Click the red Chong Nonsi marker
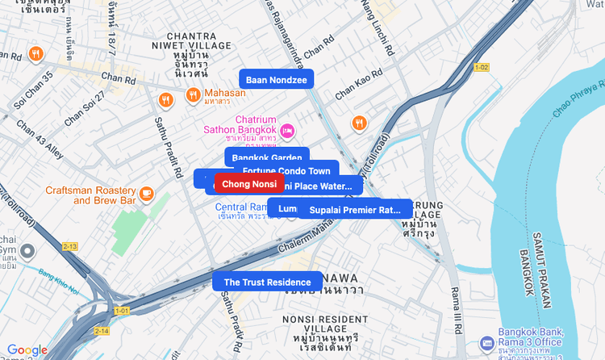[x=249, y=184]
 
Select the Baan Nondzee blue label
[x=276, y=79]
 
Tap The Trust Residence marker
[x=267, y=282]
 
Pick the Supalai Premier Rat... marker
[x=355, y=210]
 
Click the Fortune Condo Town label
[x=286, y=171]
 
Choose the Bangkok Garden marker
[x=266, y=157]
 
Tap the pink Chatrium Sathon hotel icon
[x=287, y=132]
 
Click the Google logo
[x=27, y=350]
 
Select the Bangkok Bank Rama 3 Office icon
[x=486, y=343]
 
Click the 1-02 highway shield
[x=482, y=67]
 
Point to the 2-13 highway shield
[x=70, y=246]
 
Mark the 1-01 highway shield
[x=122, y=310]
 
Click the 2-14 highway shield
[x=101, y=331]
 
